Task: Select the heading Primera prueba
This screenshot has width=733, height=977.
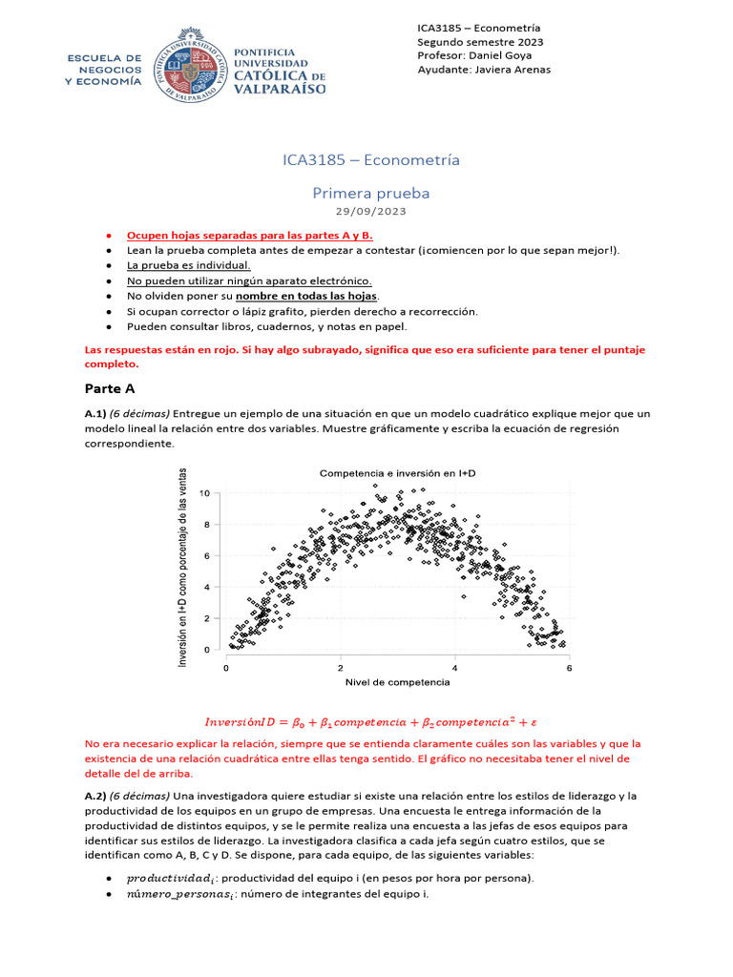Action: point(371,193)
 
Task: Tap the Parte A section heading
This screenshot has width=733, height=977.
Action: point(110,388)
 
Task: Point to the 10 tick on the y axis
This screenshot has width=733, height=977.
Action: point(204,492)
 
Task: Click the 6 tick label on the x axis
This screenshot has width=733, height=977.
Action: point(569,667)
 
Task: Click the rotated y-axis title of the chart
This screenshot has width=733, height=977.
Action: point(182,569)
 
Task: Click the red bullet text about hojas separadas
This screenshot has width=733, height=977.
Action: point(250,235)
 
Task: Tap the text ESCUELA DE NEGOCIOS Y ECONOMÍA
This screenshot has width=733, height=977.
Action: point(102,70)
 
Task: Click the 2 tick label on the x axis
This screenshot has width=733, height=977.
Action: point(340,667)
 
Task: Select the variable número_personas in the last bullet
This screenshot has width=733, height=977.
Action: point(173,895)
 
